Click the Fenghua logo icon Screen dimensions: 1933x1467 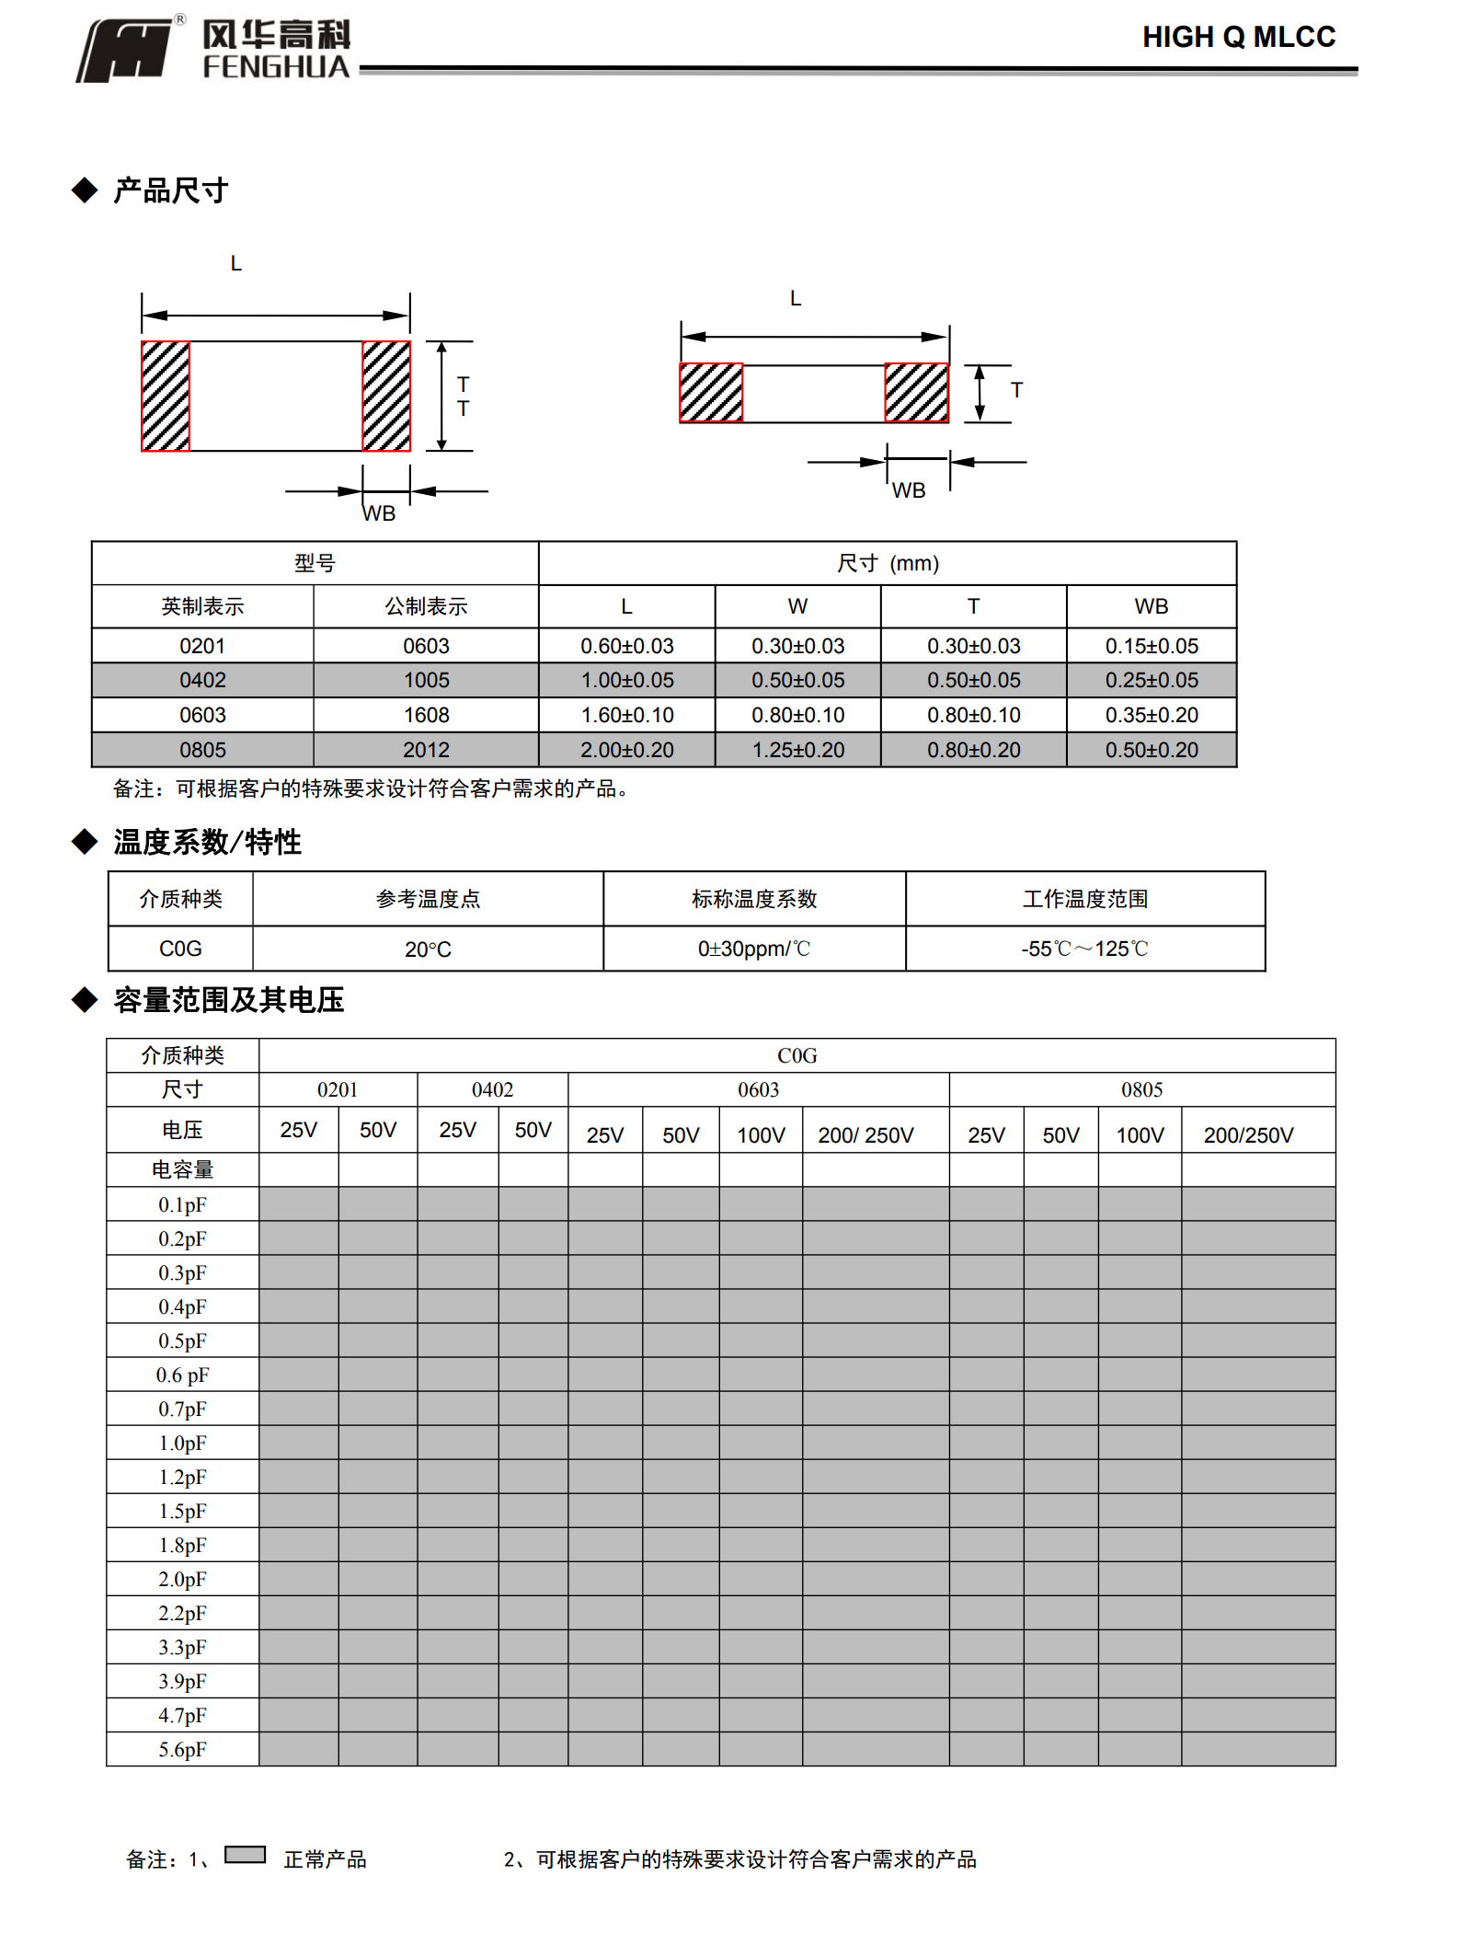[124, 51]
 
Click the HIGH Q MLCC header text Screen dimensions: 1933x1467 [1238, 37]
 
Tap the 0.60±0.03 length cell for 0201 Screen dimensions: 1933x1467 [626, 646]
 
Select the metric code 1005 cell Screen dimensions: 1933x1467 [426, 681]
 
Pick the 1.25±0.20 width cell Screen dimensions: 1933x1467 [797, 750]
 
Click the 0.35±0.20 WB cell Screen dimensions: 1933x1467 [1152, 715]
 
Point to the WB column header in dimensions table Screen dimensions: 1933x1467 [1151, 606]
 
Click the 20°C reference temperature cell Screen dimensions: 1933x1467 [428, 949]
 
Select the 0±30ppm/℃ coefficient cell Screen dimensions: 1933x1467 [753, 949]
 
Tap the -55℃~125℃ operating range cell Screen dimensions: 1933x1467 [1084, 949]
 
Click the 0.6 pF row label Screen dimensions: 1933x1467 [182, 1375]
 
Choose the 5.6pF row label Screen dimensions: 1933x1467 [182, 1750]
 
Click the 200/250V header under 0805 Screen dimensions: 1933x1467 [1248, 1135]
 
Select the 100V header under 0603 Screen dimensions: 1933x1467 [761, 1135]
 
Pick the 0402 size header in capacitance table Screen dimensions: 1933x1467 [492, 1090]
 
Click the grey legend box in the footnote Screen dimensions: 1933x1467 [245, 1854]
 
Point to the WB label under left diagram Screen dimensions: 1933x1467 [379, 513]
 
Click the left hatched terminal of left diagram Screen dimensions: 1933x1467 [166, 397]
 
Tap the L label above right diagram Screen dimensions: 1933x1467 [796, 299]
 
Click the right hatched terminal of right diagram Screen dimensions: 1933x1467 [916, 393]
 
